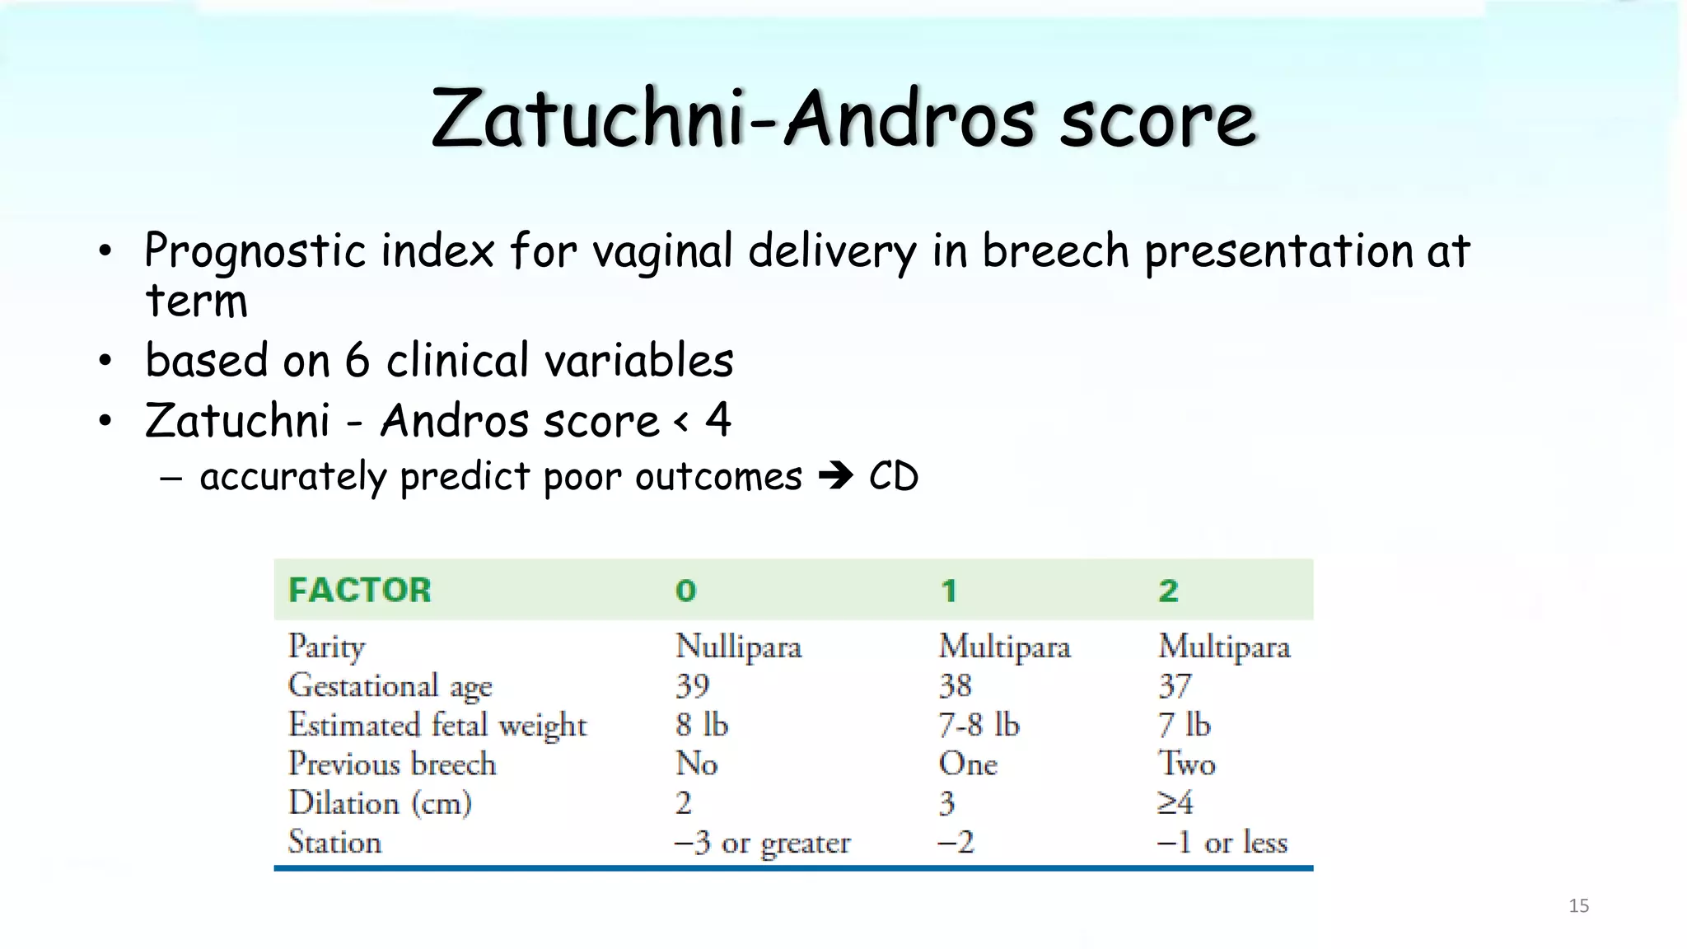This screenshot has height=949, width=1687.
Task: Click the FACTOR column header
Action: [x=359, y=590]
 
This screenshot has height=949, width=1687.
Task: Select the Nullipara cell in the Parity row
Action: [x=738, y=647]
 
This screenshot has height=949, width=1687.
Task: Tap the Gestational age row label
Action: [x=390, y=686]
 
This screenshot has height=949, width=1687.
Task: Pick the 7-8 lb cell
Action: [x=979, y=725]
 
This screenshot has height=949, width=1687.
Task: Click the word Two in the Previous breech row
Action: [x=1186, y=764]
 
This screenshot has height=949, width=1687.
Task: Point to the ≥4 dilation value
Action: [x=1175, y=802]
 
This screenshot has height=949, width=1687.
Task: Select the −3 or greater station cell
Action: [x=762, y=843]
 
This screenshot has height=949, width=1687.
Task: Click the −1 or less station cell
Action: [x=1222, y=843]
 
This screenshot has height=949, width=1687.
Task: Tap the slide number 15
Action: [x=1578, y=906]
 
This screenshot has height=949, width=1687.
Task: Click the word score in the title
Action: [x=1157, y=119]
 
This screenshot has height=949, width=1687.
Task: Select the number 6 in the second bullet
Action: [x=357, y=361]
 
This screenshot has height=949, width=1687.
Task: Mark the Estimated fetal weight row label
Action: [x=437, y=725]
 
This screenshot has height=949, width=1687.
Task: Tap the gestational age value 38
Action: [x=955, y=685]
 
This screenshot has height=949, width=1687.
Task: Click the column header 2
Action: [x=1168, y=591]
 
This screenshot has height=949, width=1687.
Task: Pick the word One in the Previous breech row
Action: [x=967, y=764]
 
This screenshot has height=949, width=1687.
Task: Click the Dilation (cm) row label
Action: [x=379, y=803]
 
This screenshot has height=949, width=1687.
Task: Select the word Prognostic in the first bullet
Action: [x=255, y=250]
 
